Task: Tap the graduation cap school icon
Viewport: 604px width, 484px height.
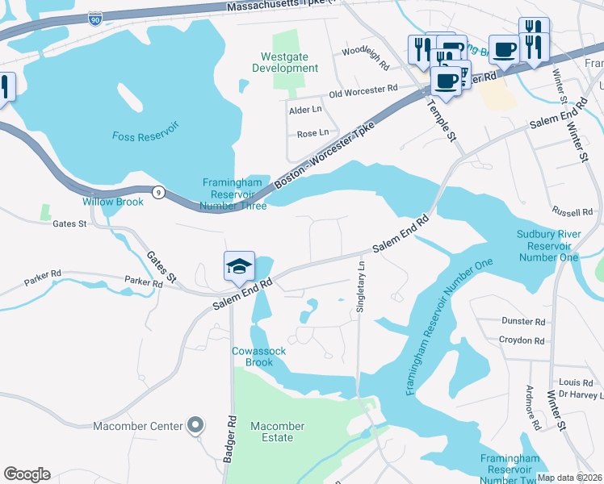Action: pyautogui.click(x=239, y=265)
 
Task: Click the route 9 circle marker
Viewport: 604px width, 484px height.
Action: pyautogui.click(x=159, y=192)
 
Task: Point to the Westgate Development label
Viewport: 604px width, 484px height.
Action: pyautogui.click(x=289, y=63)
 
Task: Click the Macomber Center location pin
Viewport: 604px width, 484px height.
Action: pyautogui.click(x=195, y=424)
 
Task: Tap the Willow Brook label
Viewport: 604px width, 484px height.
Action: pyautogui.click(x=112, y=202)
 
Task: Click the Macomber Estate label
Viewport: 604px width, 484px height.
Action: pyautogui.click(x=277, y=432)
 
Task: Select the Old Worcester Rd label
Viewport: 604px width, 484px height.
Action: pyautogui.click(x=363, y=91)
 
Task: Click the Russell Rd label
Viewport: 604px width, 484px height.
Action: pyautogui.click(x=573, y=212)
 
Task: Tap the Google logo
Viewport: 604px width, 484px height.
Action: pyautogui.click(x=27, y=474)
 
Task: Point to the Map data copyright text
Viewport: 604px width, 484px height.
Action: pyautogui.click(x=569, y=478)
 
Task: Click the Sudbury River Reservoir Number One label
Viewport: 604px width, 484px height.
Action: pyautogui.click(x=548, y=246)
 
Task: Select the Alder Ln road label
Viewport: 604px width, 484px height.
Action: pyautogui.click(x=305, y=109)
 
